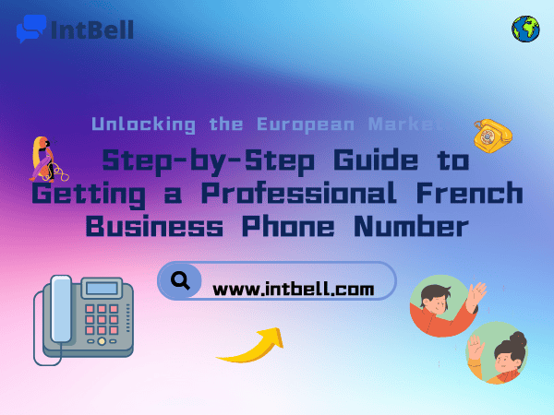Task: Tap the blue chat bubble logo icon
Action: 30,29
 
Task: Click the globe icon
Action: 525,29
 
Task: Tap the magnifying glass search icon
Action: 181,280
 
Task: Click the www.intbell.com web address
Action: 294,290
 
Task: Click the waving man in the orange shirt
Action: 446,306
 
